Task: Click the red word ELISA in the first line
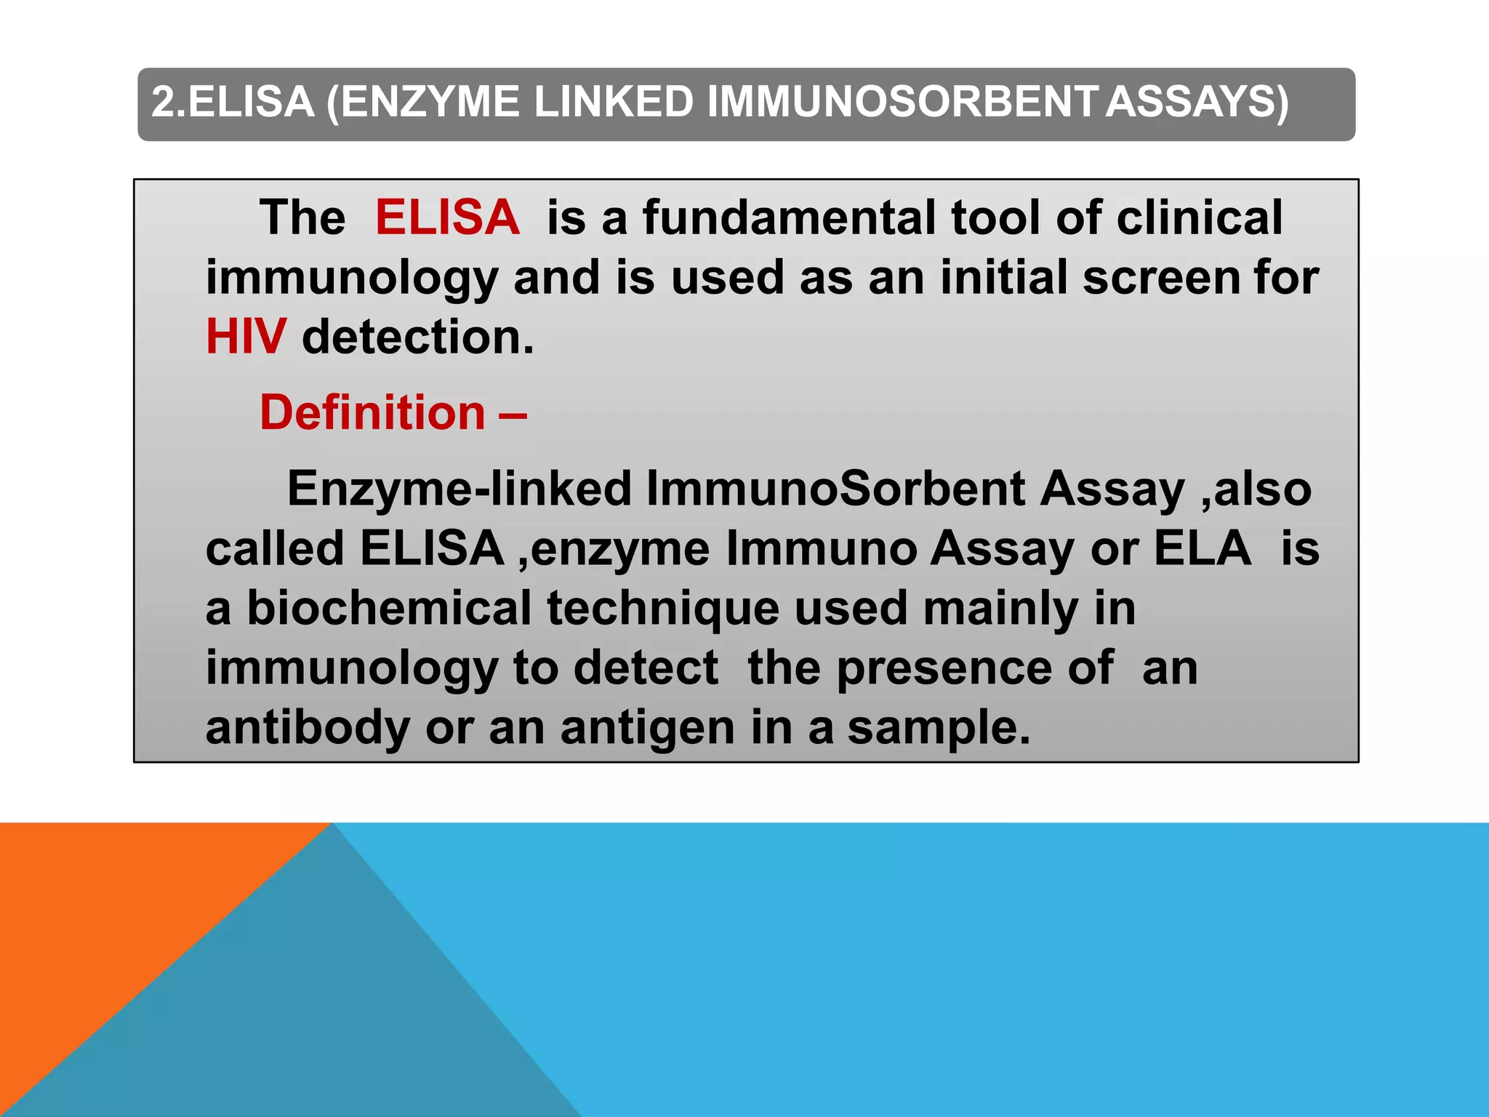pos(447,217)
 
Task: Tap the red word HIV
pos(246,337)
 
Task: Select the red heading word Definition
pos(372,413)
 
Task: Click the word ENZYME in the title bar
pos(430,102)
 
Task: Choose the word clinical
pos(1200,217)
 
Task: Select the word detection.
pos(417,337)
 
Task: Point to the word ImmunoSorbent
pos(835,489)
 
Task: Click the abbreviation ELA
pos(1203,548)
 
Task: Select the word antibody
pos(308,729)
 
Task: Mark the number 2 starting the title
pos(164,102)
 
